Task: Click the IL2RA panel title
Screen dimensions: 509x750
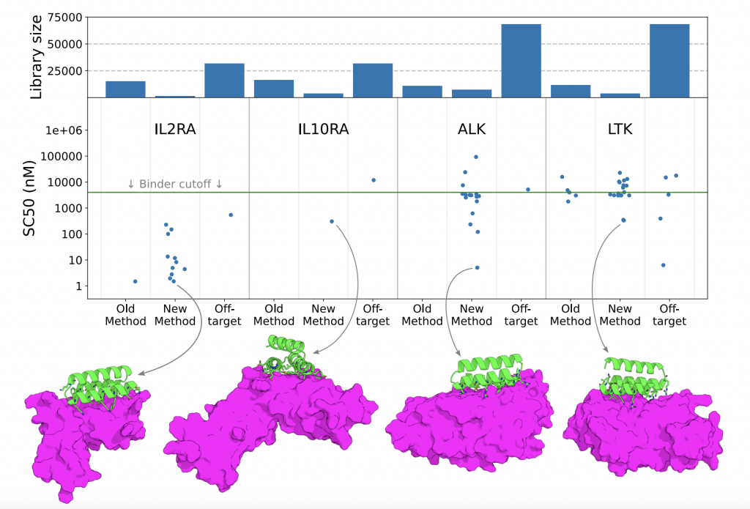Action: (x=175, y=130)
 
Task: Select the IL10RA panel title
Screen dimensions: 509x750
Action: (x=323, y=130)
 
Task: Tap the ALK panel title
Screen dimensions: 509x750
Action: (x=471, y=130)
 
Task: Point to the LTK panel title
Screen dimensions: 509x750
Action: (x=620, y=130)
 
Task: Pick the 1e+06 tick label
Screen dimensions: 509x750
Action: (x=64, y=130)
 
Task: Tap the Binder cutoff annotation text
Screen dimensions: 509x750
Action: (x=175, y=184)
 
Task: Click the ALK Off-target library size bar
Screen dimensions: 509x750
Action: (x=521, y=61)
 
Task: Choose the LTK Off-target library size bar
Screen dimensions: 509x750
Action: (x=669, y=61)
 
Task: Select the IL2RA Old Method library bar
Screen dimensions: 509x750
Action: (x=125, y=89)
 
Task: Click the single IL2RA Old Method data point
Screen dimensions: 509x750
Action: (x=135, y=281)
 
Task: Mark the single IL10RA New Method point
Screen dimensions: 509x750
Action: (x=332, y=221)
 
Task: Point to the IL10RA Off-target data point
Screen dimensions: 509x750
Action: (x=374, y=180)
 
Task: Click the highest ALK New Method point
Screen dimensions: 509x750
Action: (x=476, y=157)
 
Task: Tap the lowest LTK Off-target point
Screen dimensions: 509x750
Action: (x=664, y=265)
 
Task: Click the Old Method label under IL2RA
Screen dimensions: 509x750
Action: (x=125, y=314)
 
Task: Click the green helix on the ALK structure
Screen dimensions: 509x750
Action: (x=487, y=365)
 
